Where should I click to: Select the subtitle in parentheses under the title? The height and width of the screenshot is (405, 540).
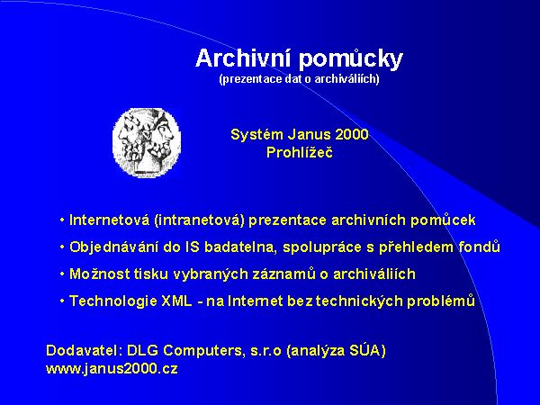[x=299, y=79]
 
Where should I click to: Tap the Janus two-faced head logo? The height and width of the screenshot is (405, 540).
[x=147, y=136]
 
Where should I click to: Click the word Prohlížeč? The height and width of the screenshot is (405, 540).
[x=300, y=152]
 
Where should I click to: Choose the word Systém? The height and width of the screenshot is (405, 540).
[x=255, y=134]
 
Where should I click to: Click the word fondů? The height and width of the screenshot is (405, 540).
[x=478, y=247]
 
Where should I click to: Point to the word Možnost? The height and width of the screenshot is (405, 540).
[x=96, y=274]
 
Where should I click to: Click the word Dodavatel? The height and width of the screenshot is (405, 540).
[x=79, y=350]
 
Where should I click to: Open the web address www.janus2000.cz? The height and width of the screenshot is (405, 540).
[x=112, y=369]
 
